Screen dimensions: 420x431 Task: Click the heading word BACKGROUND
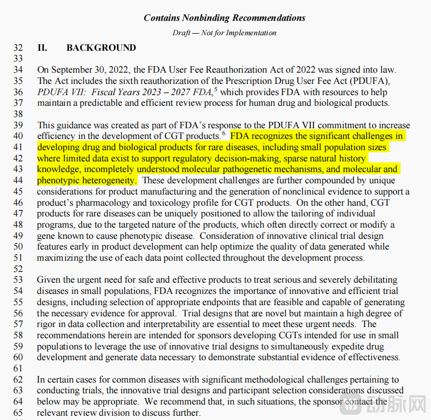pyautogui.click(x=101, y=48)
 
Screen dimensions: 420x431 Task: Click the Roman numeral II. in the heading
pyautogui.click(x=42, y=48)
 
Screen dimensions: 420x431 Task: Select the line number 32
pyautogui.click(x=18, y=48)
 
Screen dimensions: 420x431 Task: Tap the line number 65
pyautogui.click(x=18, y=413)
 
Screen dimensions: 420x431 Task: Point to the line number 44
pyautogui.click(x=18, y=181)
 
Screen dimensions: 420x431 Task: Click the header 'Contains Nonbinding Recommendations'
pyautogui.click(x=224, y=18)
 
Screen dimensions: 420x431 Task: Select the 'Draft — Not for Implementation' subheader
pyautogui.click(x=224, y=33)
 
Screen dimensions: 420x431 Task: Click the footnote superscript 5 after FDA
pyautogui.click(x=216, y=89)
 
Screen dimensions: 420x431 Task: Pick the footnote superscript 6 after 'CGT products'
pyautogui.click(x=224, y=134)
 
